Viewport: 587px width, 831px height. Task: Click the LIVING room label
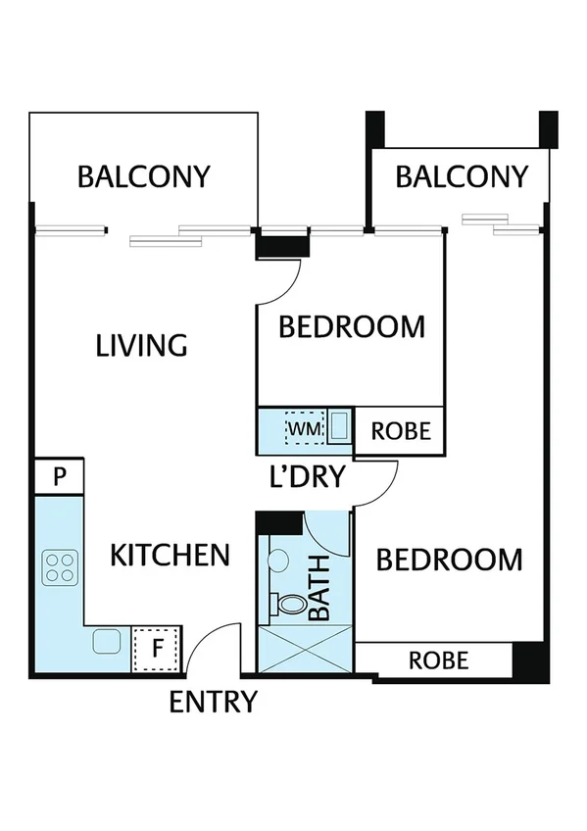click(x=141, y=346)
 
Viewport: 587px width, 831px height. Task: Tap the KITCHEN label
click(x=169, y=556)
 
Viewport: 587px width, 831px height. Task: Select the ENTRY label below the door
click(x=214, y=702)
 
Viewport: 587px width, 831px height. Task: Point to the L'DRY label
click(x=308, y=477)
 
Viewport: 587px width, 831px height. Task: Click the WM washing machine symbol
click(x=303, y=429)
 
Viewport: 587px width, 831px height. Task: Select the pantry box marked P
click(x=59, y=477)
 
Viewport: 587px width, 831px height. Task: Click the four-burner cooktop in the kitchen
click(x=60, y=565)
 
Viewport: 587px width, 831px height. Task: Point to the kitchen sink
click(x=106, y=643)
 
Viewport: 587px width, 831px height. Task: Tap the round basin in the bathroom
click(x=277, y=561)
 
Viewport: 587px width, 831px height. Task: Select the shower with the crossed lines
click(x=303, y=650)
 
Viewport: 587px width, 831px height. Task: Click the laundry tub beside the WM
click(x=339, y=428)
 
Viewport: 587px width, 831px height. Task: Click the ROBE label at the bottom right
click(x=438, y=660)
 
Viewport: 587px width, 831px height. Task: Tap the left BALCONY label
click(x=144, y=177)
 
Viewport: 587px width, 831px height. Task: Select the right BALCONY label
click(x=462, y=177)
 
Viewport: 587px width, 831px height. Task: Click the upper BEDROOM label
click(x=352, y=326)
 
